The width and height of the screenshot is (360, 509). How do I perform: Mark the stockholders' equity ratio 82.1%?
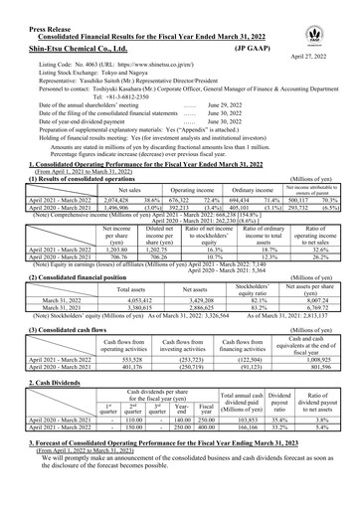tap(263, 299)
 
